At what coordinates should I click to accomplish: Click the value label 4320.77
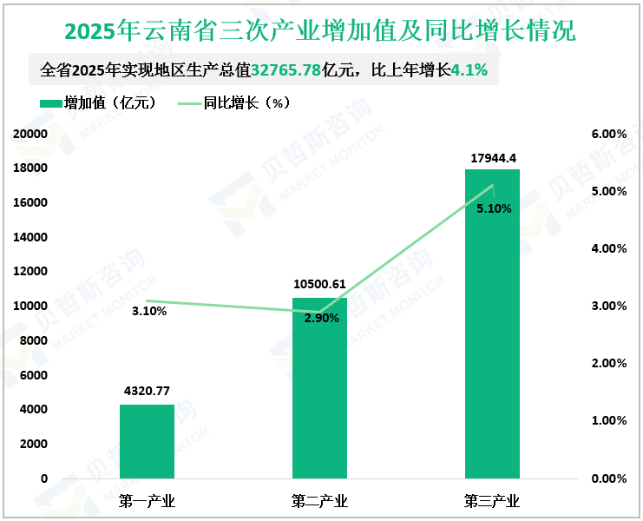click(x=148, y=392)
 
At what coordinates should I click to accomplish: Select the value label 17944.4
click(x=493, y=157)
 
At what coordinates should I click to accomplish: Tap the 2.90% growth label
click(x=321, y=318)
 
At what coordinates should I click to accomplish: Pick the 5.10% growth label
click(x=494, y=208)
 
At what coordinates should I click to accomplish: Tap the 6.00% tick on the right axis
click(x=608, y=134)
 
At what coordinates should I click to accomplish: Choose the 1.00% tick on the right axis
click(x=608, y=420)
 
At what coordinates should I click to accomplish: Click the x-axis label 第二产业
click(x=319, y=501)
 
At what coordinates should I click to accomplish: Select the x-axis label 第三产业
click(x=492, y=501)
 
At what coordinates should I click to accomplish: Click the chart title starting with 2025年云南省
click(x=320, y=31)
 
